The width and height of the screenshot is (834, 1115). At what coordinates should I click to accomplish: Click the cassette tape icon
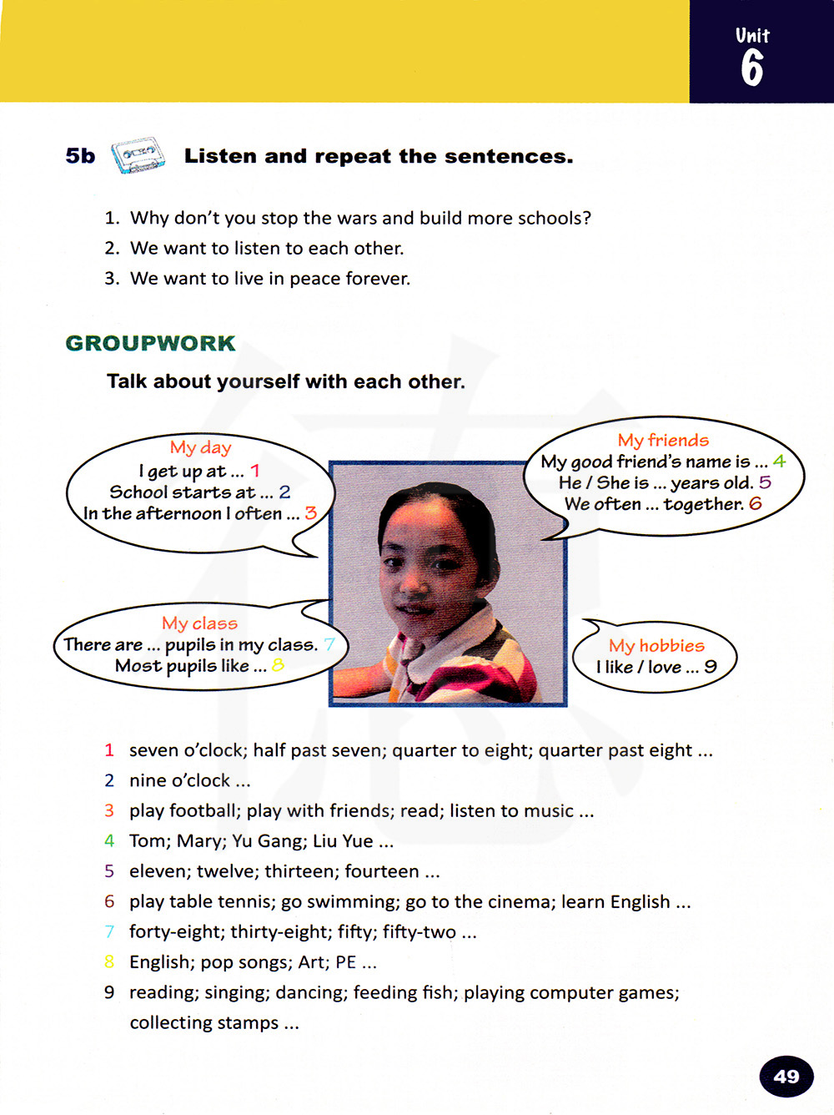(138, 156)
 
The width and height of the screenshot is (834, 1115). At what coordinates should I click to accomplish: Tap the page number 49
(786, 1076)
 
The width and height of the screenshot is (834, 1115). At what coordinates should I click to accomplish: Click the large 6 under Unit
(751, 68)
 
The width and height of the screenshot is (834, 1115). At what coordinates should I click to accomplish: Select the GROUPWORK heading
(150, 343)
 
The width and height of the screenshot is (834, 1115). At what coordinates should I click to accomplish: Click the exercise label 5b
(80, 156)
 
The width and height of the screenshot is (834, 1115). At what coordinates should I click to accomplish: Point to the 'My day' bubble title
(200, 447)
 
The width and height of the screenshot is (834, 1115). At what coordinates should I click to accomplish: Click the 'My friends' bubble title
(663, 440)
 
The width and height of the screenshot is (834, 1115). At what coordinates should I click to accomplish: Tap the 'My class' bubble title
(199, 623)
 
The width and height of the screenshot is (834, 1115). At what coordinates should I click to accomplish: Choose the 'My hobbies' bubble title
(656, 645)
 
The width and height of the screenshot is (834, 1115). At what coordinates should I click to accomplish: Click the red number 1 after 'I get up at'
(255, 471)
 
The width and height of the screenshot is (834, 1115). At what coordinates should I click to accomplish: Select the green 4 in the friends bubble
(779, 461)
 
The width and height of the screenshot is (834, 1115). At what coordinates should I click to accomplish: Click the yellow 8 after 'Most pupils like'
(278, 665)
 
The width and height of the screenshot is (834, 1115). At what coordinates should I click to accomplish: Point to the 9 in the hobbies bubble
(710, 666)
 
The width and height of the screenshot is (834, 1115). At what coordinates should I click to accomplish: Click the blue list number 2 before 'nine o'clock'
(109, 780)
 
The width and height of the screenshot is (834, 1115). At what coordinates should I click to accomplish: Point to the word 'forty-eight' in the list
(175, 931)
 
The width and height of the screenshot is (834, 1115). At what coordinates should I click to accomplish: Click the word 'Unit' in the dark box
(752, 35)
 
